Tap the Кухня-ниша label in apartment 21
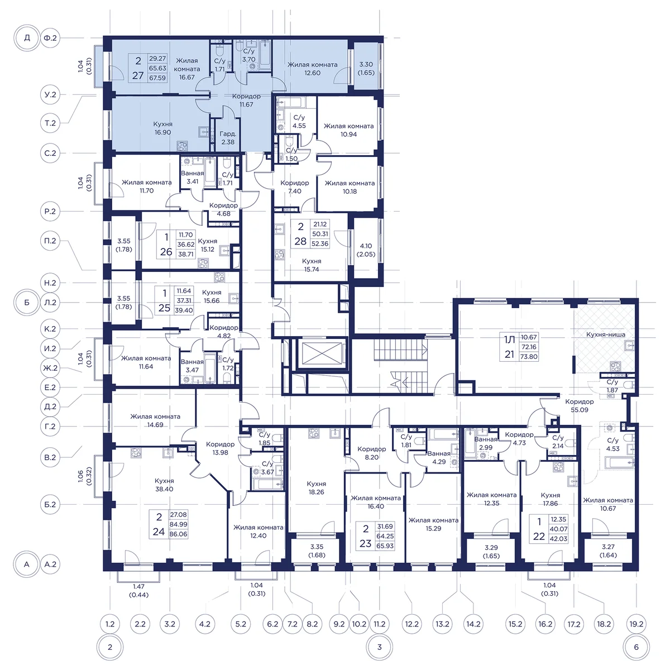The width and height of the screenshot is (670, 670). click(606, 334)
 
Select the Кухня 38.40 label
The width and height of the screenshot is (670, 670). click(164, 485)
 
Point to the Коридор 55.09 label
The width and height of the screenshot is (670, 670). click(579, 406)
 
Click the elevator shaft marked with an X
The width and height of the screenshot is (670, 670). click(322, 353)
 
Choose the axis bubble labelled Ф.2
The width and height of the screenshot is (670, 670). click(50, 37)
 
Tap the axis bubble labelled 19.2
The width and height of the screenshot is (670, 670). click(636, 624)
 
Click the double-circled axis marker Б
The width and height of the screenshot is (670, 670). click(27, 302)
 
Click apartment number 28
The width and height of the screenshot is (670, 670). click(300, 241)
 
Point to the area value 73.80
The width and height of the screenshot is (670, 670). click(529, 356)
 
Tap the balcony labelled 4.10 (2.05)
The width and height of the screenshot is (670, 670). click(366, 250)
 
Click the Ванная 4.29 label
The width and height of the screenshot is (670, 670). click(439, 458)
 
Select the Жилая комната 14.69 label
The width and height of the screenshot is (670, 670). click(155, 420)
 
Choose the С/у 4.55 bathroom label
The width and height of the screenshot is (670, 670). click(299, 122)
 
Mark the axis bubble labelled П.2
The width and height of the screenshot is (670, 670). click(50, 241)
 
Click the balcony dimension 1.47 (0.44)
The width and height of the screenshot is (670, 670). click(138, 590)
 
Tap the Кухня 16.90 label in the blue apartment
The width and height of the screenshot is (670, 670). click(162, 128)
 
